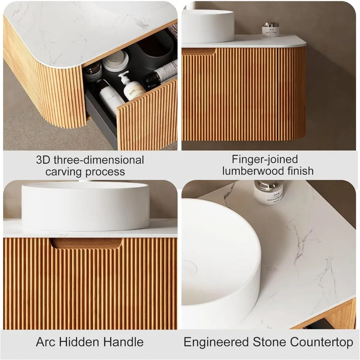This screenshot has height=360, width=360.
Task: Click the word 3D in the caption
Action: pyautogui.click(x=43, y=160)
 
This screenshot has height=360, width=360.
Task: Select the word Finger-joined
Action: pyautogui.click(x=265, y=159)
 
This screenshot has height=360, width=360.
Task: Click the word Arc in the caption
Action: pyautogui.click(x=46, y=342)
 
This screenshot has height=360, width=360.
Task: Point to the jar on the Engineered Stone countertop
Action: pyautogui.click(x=268, y=192)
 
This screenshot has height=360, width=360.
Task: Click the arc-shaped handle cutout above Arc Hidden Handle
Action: pyautogui.click(x=86, y=243)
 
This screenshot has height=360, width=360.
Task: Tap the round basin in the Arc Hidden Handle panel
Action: pyautogui.click(x=86, y=206)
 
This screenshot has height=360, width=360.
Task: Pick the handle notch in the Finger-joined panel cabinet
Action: pyautogui.click(x=199, y=51)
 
